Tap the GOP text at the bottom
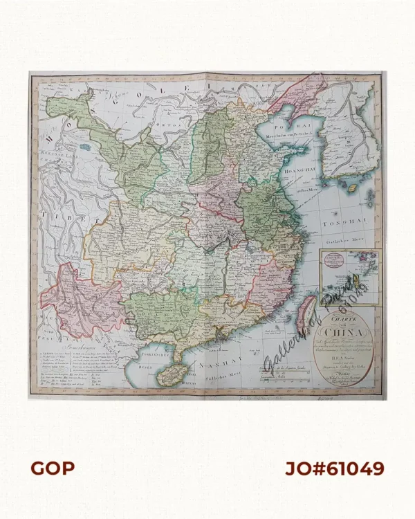tap(52, 468)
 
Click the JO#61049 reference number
tap(335, 468)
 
